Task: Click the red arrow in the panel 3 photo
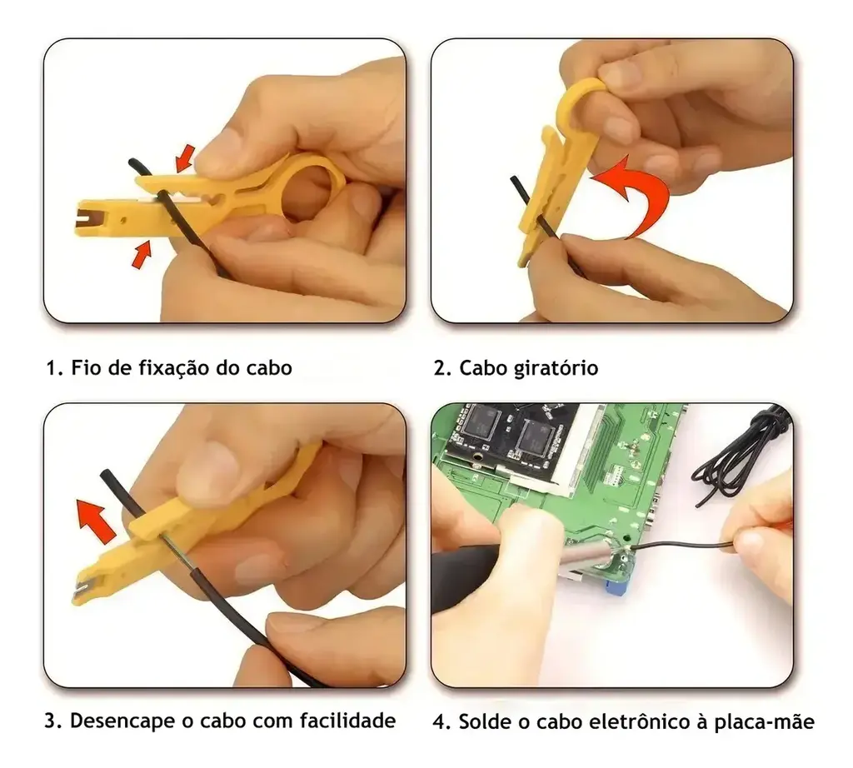pos(95,521)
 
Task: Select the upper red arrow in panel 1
pos(184,157)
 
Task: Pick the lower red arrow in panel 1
pos(140,255)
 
